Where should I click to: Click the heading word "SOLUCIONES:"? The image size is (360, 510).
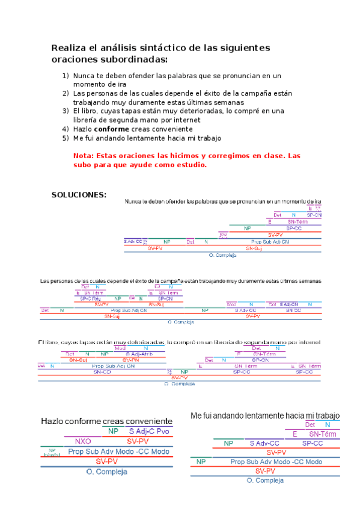(x=79, y=195)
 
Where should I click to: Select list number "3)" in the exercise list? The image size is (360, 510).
(x=66, y=111)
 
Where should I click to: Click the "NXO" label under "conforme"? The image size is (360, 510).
(x=83, y=441)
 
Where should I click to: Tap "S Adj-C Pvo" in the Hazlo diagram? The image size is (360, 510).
(x=149, y=431)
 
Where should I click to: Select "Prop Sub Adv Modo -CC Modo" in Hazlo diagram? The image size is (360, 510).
(x=118, y=451)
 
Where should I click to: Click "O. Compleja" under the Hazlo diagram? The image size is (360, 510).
(x=107, y=472)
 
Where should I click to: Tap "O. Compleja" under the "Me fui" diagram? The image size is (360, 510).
(x=264, y=480)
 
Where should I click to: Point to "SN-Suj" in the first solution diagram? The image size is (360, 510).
(x=254, y=248)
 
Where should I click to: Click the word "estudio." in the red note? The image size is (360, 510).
(x=190, y=165)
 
